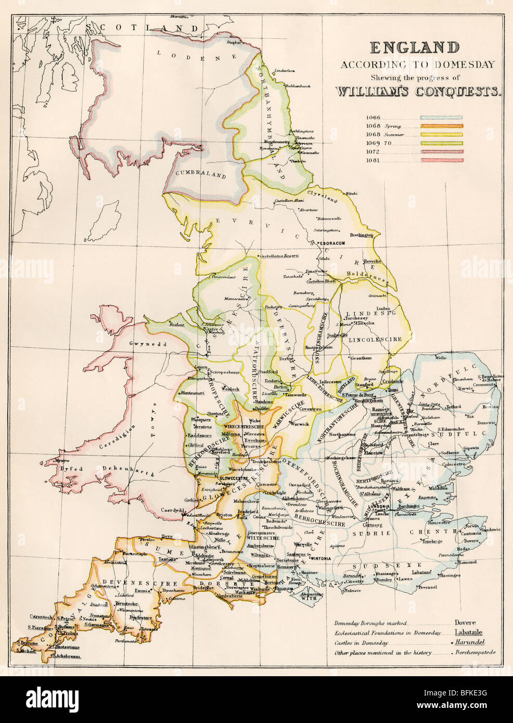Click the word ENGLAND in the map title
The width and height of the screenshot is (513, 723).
pyautogui.click(x=415, y=48)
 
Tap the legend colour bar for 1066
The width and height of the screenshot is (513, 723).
pyautogui.click(x=441, y=118)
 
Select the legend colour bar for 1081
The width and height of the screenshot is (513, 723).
pyautogui.click(x=441, y=160)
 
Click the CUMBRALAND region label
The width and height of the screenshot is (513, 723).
pyautogui.click(x=200, y=175)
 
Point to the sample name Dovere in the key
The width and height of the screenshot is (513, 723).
pyautogui.click(x=465, y=623)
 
